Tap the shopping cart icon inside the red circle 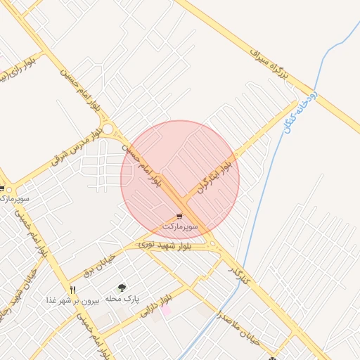coord(180,217)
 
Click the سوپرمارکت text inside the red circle coord(180,228)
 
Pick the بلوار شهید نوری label coord(164,245)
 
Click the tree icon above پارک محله coord(122,287)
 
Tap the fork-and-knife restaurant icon coord(72,289)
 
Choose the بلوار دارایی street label coord(155,307)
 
